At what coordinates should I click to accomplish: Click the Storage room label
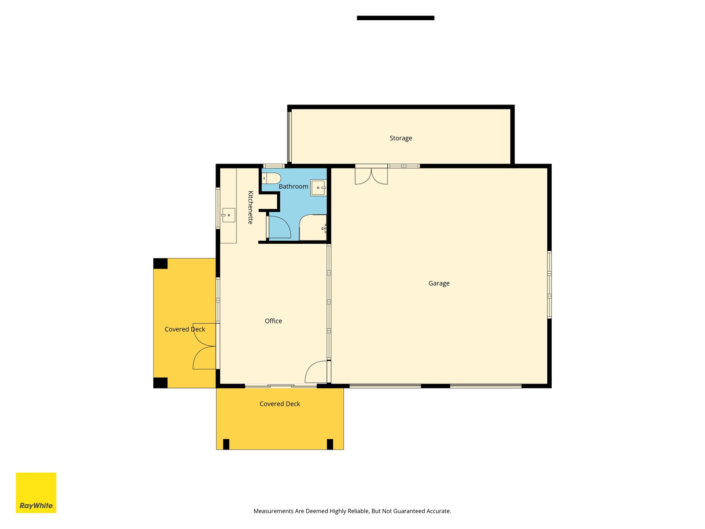click(401, 138)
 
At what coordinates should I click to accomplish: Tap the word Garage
click(439, 283)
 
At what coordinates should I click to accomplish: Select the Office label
click(273, 321)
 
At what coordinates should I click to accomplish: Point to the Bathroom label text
click(293, 186)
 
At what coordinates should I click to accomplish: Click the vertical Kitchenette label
click(251, 208)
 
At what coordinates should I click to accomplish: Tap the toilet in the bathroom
click(271, 178)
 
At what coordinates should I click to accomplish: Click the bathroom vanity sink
click(318, 188)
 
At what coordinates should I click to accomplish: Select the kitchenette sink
click(228, 215)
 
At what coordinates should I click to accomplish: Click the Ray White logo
click(36, 493)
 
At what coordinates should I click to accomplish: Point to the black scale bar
click(395, 18)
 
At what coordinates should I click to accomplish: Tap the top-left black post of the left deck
click(160, 264)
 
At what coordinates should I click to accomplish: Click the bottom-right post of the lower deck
click(330, 444)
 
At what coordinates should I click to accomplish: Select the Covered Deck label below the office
click(280, 404)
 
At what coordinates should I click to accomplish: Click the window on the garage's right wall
click(549, 285)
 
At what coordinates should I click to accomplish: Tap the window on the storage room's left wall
click(289, 137)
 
